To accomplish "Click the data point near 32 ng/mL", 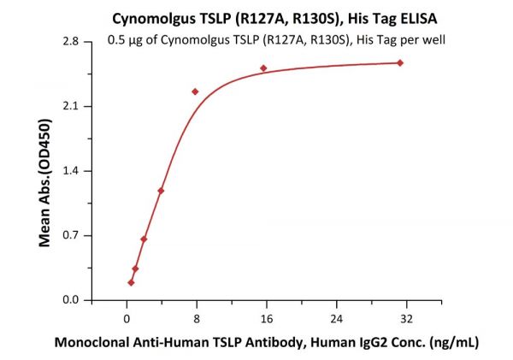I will (x=400, y=62).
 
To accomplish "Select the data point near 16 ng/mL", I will (x=263, y=68).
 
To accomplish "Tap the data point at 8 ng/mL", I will (x=195, y=91).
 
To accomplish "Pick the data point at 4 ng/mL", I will (x=161, y=191).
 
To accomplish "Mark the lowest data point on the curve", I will (x=131, y=282).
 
